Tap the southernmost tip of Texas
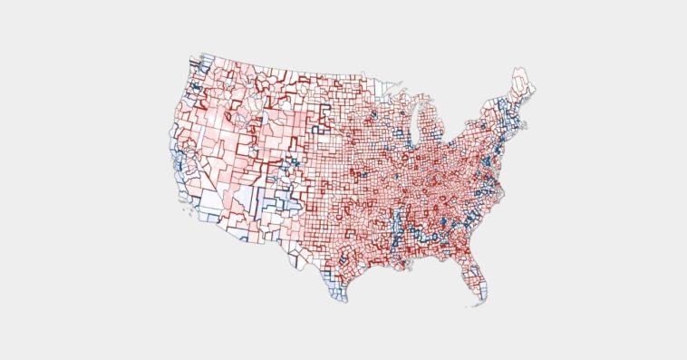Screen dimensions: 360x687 [x=341, y=300]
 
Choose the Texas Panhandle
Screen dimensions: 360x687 [x=314, y=199]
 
